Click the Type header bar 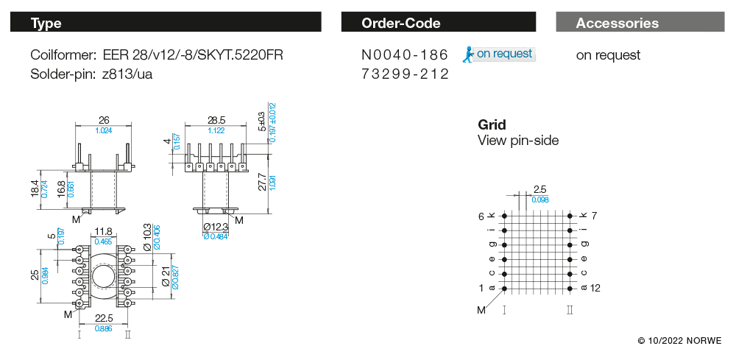166,23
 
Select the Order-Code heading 401,23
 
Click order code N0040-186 405,55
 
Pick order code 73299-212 405,74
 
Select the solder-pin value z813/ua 128,74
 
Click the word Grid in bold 492,124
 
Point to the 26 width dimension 104,120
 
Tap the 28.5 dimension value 216,120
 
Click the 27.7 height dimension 263,182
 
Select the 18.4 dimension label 34,188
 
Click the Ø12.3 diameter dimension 217,227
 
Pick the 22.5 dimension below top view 104,319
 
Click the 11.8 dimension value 104,232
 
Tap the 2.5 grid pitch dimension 540,190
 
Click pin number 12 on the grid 595,288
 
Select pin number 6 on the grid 481,216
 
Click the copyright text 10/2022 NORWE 679,341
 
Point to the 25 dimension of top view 34,275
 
